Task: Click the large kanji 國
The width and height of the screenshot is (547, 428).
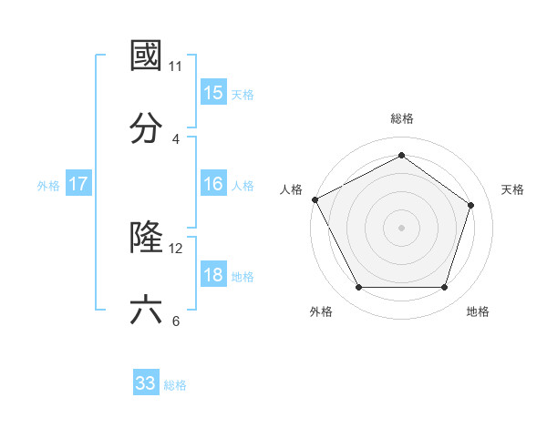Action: click(x=147, y=56)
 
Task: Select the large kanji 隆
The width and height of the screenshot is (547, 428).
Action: click(x=147, y=239)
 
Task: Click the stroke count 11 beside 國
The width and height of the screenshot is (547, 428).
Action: click(x=176, y=66)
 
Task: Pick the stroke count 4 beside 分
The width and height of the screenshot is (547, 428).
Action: click(x=176, y=139)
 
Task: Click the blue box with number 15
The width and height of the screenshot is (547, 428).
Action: click(x=213, y=93)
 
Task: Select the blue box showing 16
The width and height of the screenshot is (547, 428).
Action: click(x=213, y=184)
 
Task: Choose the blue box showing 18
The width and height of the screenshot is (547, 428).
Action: click(x=213, y=276)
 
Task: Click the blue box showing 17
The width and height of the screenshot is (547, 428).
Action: click(x=78, y=185)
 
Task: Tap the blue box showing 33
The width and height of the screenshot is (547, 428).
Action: click(x=146, y=383)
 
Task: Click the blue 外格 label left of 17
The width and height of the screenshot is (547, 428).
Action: click(x=48, y=186)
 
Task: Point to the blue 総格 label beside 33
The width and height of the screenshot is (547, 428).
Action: click(x=175, y=385)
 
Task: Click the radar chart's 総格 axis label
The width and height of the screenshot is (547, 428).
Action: click(x=401, y=118)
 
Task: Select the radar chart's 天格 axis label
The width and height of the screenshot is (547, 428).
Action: click(x=512, y=189)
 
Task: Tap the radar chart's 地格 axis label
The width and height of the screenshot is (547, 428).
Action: click(x=478, y=311)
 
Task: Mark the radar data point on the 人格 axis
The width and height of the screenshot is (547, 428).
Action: click(x=315, y=199)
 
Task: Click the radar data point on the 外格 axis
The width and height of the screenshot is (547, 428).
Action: click(x=358, y=288)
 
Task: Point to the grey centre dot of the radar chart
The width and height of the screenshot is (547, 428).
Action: click(x=401, y=227)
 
